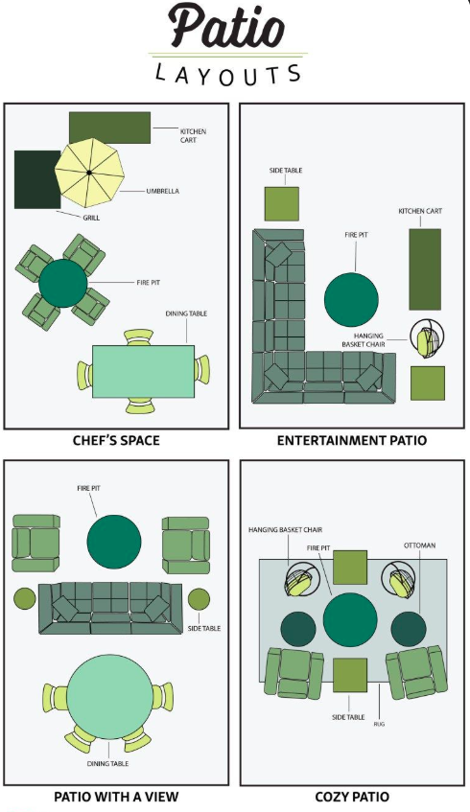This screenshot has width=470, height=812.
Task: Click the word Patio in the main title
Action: (227, 28)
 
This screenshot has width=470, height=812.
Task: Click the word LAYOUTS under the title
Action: (228, 74)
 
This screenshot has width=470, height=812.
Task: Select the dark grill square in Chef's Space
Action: (35, 179)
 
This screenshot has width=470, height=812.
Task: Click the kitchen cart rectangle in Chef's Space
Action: (109, 128)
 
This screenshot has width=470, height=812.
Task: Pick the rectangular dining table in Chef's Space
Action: (143, 371)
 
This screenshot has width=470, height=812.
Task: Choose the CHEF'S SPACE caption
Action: (116, 441)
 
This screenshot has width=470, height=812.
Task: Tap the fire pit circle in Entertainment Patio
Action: (351, 299)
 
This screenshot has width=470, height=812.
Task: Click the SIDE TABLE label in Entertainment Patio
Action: (286, 170)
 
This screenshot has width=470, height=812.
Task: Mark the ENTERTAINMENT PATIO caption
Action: (352, 441)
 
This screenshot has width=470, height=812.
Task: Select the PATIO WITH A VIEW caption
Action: (116, 797)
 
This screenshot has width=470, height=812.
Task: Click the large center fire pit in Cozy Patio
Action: (351, 620)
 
